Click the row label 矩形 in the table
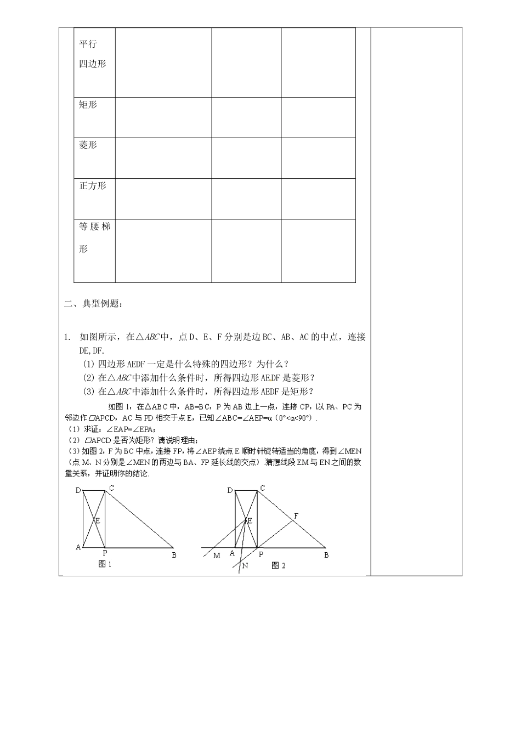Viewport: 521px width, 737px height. pyautogui.click(x=88, y=105)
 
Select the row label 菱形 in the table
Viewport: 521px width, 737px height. pyautogui.click(x=88, y=145)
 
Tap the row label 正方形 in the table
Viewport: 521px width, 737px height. pyautogui.click(x=92, y=186)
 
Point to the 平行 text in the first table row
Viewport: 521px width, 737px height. pyautogui.click(x=88, y=44)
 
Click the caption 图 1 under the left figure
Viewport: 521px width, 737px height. pyautogui.click(x=104, y=564)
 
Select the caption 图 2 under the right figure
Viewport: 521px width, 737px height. pyautogui.click(x=279, y=565)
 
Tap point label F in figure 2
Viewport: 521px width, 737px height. pyautogui.click(x=296, y=516)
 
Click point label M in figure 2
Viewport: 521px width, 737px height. pyautogui.click(x=217, y=555)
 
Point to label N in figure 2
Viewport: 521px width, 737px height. pyautogui.click(x=245, y=566)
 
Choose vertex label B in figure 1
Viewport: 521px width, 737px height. pyautogui.click(x=174, y=555)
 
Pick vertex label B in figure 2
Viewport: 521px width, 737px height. pyautogui.click(x=326, y=555)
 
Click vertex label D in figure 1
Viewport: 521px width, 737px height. pyautogui.click(x=78, y=490)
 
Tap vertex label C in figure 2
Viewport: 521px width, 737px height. pyautogui.click(x=263, y=488)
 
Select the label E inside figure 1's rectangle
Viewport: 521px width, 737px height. pyautogui.click(x=98, y=520)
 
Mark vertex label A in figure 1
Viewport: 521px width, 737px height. pyautogui.click(x=78, y=547)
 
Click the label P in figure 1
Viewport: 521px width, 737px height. pyautogui.click(x=105, y=553)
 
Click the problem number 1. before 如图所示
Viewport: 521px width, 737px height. pyautogui.click(x=66, y=337)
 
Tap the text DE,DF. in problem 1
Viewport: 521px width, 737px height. pyautogui.click(x=92, y=350)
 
